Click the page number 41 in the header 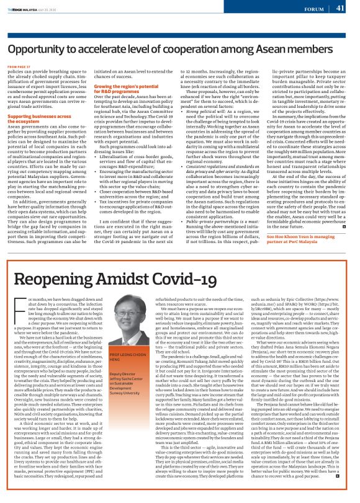coord(340,8)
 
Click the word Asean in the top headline coord(277,48)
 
